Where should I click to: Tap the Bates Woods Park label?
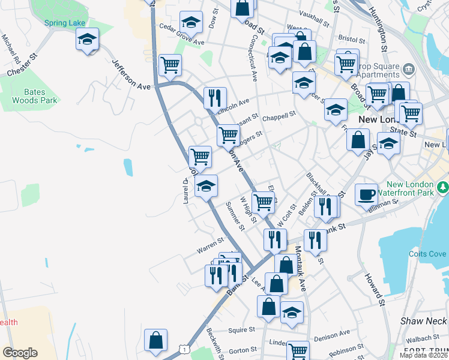[35, 97]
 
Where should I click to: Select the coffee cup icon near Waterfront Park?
[366, 194]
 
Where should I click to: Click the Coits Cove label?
[427, 254]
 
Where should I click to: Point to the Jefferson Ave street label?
[131, 74]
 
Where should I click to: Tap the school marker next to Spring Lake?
[87, 40]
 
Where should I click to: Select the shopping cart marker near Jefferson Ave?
[170, 65]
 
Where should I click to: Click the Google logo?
[20, 353]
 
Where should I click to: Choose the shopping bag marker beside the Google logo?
[155, 339]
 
